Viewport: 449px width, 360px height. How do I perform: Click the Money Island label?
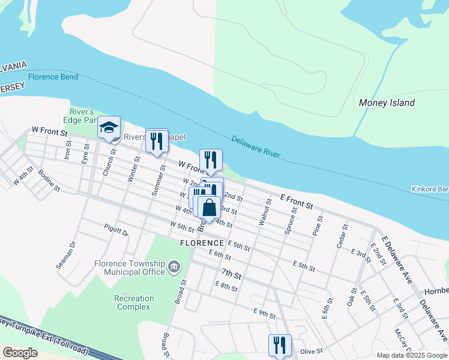pos(387,103)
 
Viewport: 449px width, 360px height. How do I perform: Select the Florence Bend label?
pos(53,77)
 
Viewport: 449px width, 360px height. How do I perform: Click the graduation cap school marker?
pos(109,127)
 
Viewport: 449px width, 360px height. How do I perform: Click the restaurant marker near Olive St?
pos(280,345)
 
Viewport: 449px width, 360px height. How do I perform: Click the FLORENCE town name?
pos(202,243)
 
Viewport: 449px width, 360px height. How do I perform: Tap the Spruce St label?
pos(291,220)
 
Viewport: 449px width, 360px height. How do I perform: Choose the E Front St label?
pos(297,202)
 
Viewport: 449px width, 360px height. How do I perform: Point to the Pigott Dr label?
pos(116,231)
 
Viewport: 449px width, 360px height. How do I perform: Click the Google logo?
pos(20,353)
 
